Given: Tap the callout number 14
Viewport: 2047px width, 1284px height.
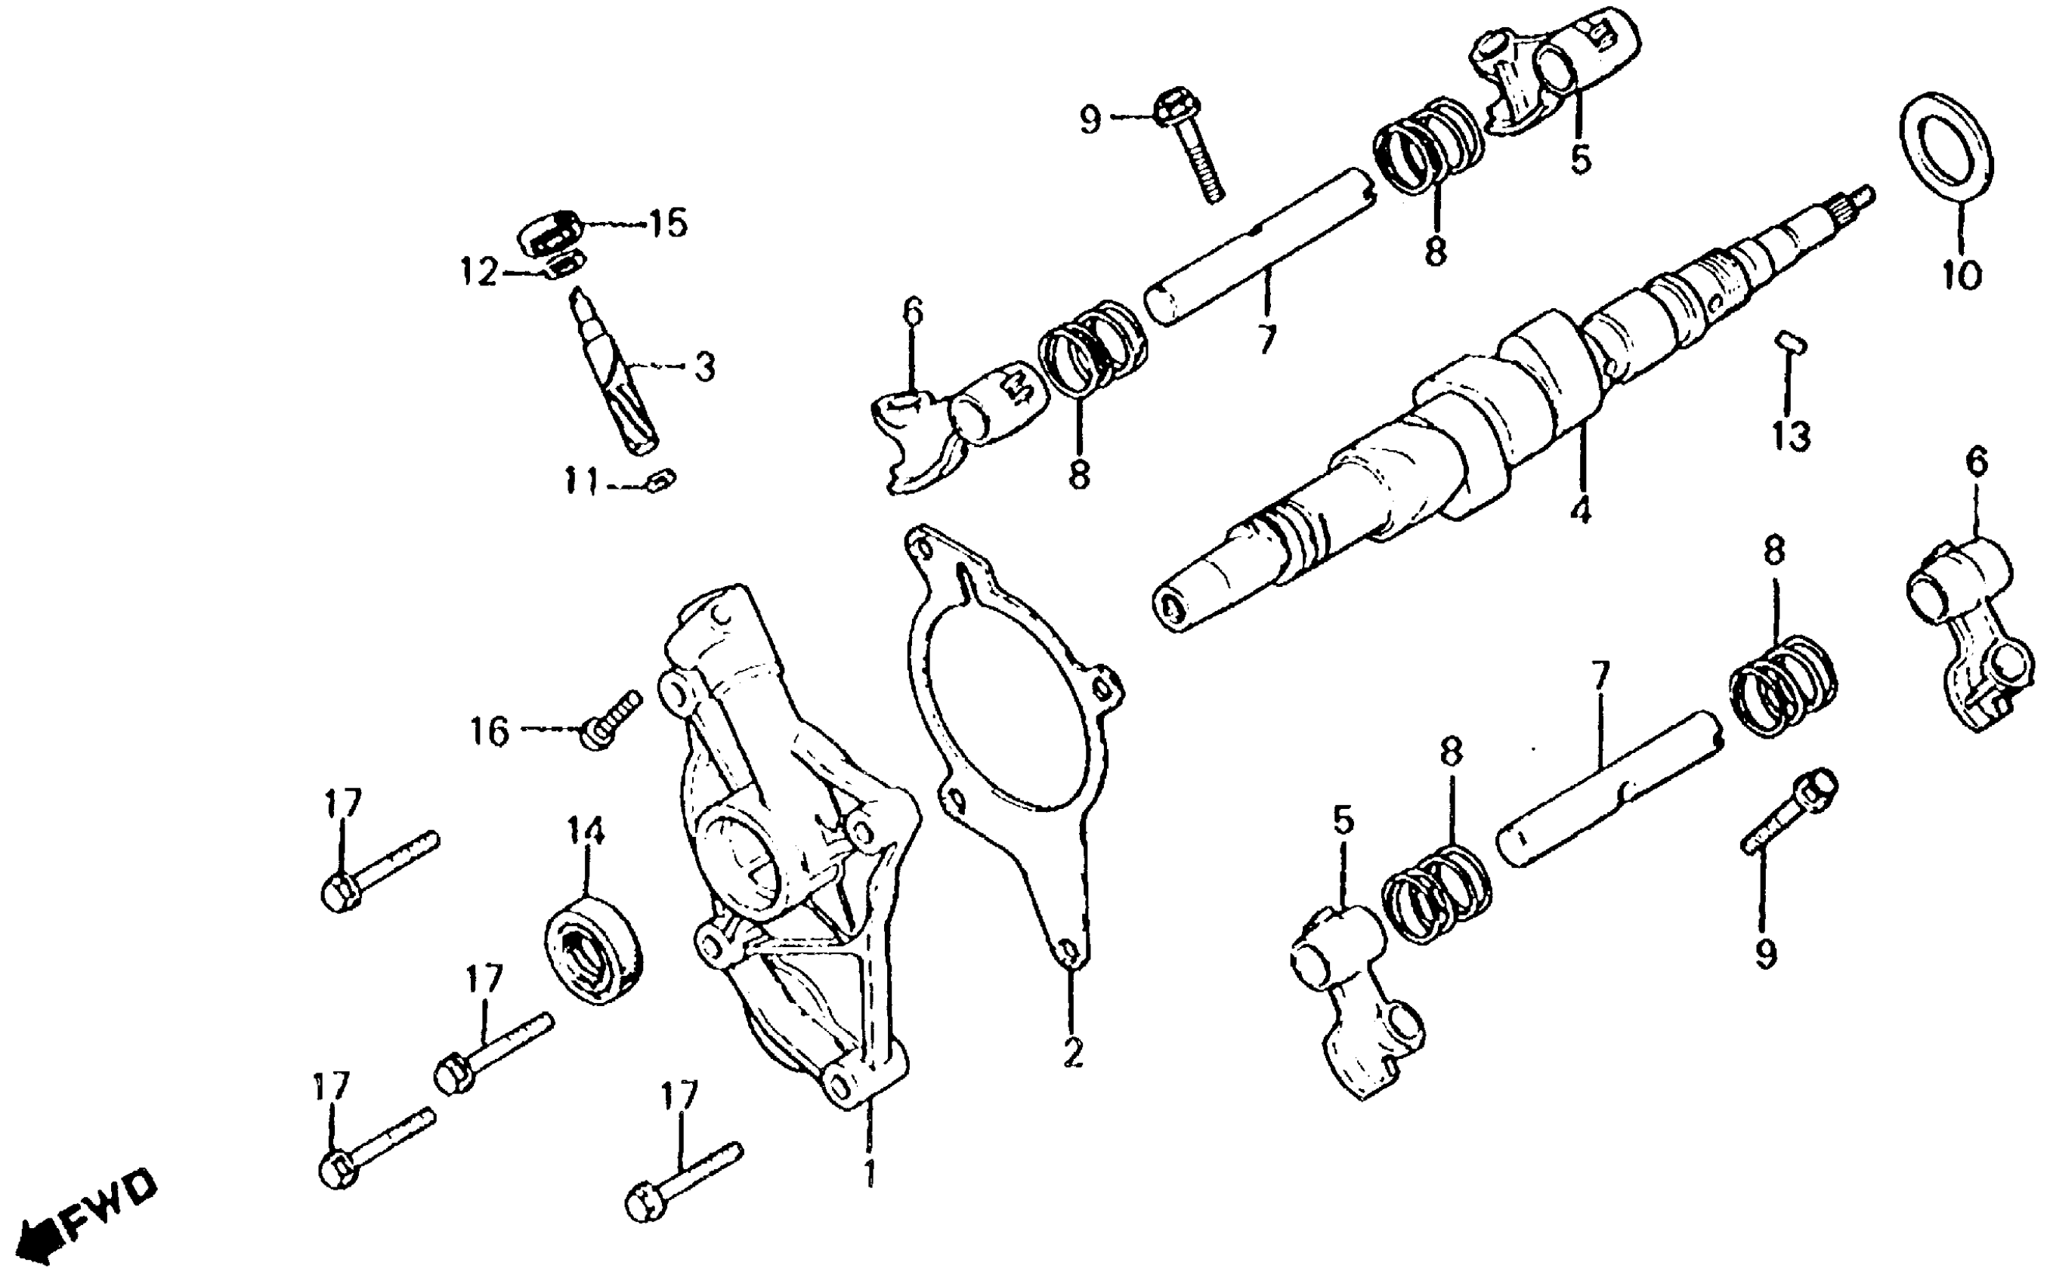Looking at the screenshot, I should pos(586,832).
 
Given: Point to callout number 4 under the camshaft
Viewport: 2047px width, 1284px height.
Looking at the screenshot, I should pos(1579,511).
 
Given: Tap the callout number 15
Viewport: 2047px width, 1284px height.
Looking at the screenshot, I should pos(666,224).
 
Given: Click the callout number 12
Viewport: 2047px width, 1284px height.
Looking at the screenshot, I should pos(479,273).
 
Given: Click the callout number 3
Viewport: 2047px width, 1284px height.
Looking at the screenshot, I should pos(704,367).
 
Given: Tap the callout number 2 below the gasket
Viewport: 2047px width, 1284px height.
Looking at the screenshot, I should pos(1073,1053).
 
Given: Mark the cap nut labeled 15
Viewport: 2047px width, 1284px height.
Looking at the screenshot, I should pos(549,231).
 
